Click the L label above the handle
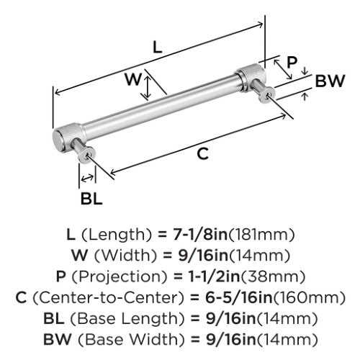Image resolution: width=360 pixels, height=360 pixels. click(158, 47)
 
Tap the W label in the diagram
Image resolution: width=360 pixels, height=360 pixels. click(133, 79)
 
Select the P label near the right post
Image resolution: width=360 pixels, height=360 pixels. click(292, 62)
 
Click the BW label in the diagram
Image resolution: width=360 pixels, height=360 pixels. click(330, 81)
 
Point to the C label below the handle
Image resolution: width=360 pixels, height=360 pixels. click(203, 154)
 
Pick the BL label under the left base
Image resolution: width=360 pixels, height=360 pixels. click(91, 199)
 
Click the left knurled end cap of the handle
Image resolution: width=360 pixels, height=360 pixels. click(69, 137)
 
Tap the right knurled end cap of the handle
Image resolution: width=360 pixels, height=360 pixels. click(251, 76)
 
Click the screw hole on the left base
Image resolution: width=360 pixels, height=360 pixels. click(87, 155)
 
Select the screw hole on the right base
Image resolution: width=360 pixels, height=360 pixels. click(268, 95)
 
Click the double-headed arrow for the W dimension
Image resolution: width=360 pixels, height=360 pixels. click(148, 87)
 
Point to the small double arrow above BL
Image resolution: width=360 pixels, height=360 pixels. click(87, 178)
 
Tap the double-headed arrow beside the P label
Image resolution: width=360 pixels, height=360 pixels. click(283, 70)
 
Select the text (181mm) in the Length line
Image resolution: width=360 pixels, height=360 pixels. click(261, 235)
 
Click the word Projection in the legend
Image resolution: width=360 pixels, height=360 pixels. click(120, 276)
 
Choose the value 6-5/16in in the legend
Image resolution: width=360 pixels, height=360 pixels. click(239, 297)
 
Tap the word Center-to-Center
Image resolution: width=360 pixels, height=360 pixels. click(108, 297)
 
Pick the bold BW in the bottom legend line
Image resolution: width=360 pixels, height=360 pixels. click(58, 340)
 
